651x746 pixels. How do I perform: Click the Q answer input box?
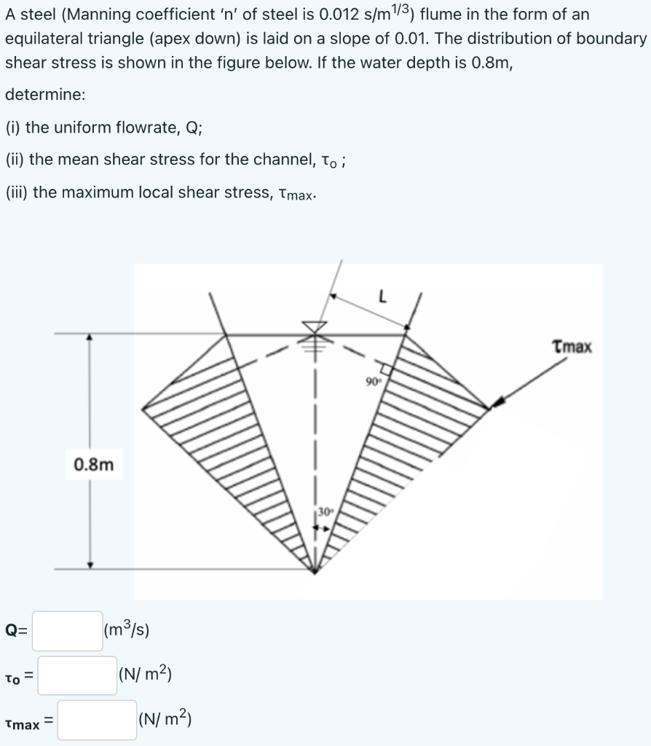pos(67,630)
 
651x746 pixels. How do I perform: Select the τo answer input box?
pos(77,675)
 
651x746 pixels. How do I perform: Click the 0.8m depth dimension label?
pos(94,464)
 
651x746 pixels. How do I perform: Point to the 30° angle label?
pos(323,510)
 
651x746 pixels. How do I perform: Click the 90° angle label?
pos(374,381)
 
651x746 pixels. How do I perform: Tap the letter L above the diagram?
pos(382,297)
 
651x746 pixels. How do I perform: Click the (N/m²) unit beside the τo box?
pos(144,675)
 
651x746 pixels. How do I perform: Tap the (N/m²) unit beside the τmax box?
pos(164,720)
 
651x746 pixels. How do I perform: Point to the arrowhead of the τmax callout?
pos(497,403)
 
